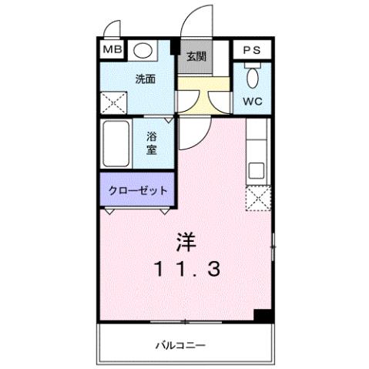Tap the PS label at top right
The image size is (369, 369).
(251, 49)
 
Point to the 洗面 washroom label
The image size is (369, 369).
(145, 78)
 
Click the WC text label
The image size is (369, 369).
(252, 100)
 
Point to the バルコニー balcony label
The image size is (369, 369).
(184, 344)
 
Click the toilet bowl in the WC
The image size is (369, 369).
(252, 78)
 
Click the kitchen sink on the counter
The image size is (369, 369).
(257, 169)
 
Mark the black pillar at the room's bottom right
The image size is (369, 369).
(264, 315)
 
